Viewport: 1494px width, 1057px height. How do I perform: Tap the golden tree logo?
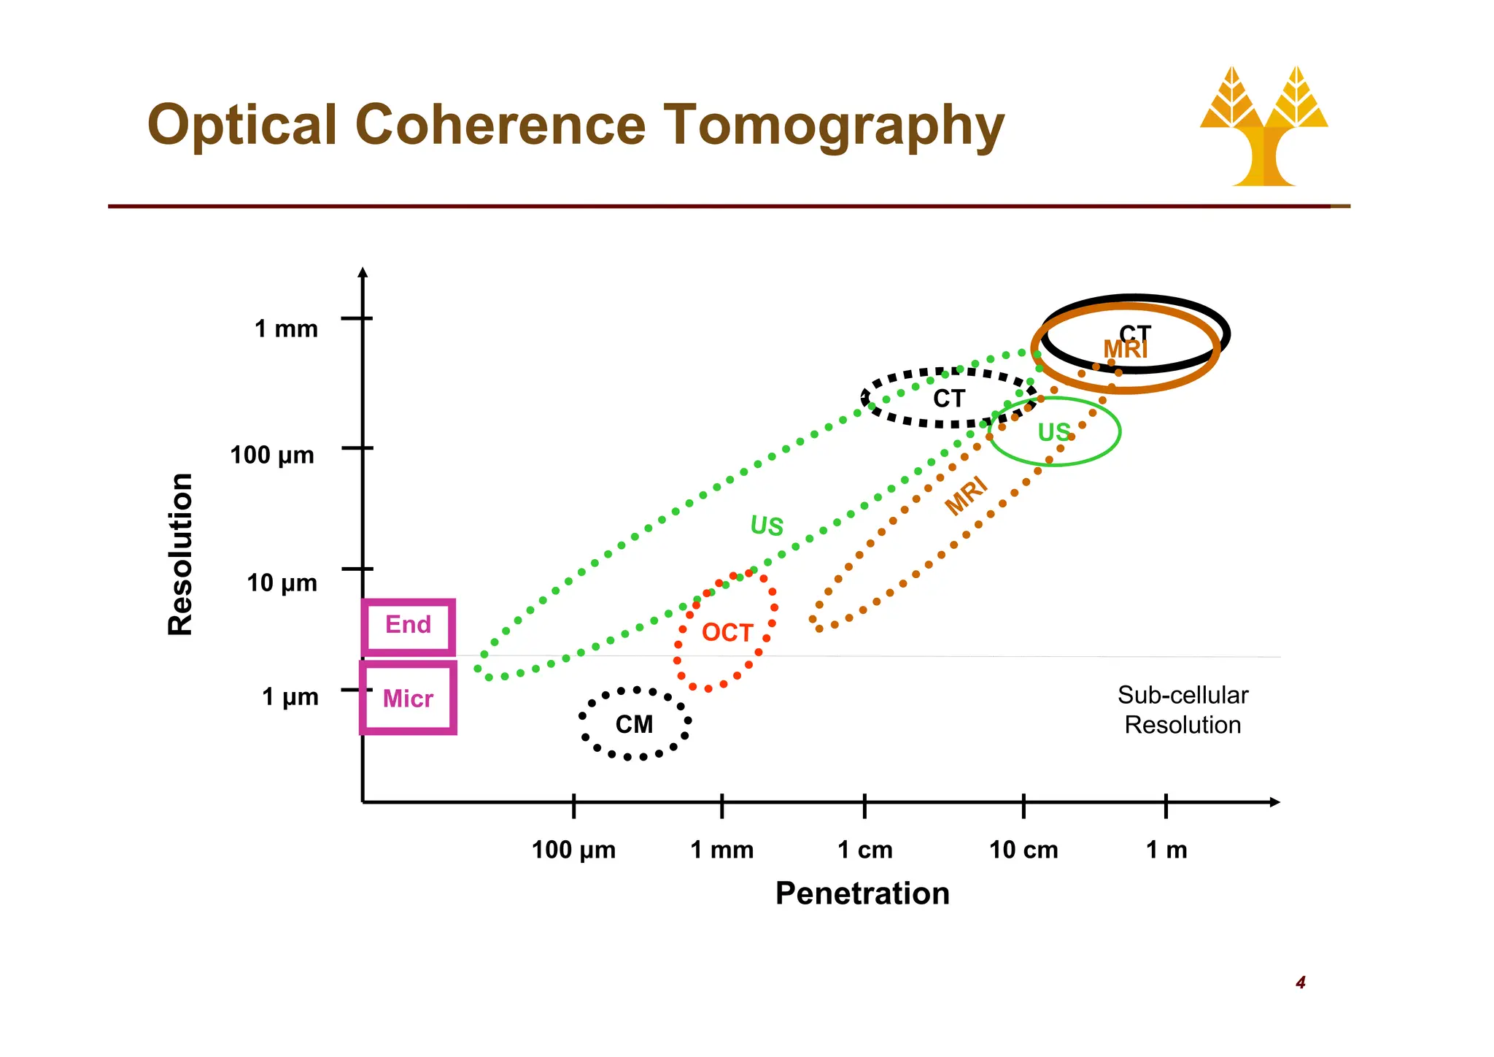click(x=1263, y=128)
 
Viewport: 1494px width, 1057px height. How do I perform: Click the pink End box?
click(x=409, y=626)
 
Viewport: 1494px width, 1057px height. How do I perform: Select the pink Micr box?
click(x=409, y=699)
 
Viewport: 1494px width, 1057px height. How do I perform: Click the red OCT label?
click(x=727, y=632)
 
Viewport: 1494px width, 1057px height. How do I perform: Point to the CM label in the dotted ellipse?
click(x=634, y=724)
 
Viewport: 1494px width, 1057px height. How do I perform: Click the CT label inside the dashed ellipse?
click(x=948, y=399)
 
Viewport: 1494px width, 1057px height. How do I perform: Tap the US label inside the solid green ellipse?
click(x=1054, y=432)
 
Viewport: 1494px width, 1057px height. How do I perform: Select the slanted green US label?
click(x=767, y=526)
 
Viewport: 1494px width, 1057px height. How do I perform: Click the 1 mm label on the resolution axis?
click(x=286, y=329)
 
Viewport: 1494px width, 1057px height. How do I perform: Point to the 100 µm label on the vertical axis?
click(x=272, y=456)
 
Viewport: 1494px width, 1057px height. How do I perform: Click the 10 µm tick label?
click(x=282, y=583)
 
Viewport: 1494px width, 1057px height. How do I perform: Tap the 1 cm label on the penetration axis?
click(x=865, y=850)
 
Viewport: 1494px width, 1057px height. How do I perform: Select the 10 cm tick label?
click(x=1023, y=850)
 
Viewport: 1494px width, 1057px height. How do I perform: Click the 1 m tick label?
click(x=1166, y=850)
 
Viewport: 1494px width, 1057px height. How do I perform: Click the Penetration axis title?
click(x=862, y=893)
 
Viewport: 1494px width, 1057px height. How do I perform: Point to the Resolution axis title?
click(x=180, y=554)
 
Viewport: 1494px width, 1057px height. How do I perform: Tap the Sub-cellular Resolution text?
click(x=1183, y=710)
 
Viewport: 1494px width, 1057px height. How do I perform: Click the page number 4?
click(x=1300, y=983)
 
